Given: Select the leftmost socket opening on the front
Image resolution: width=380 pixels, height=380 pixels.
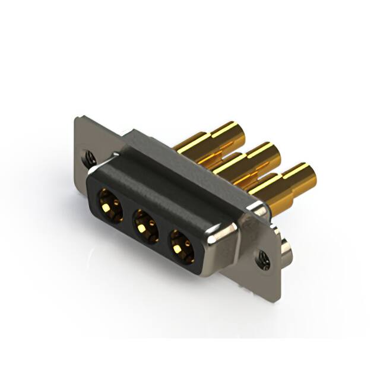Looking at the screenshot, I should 110,203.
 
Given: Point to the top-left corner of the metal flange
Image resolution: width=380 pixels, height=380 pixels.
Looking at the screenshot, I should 78,118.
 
